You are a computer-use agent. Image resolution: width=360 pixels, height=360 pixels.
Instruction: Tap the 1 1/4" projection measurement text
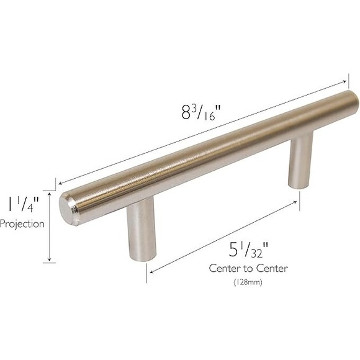(x=20, y=204)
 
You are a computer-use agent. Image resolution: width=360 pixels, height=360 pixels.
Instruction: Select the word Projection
(x=22, y=224)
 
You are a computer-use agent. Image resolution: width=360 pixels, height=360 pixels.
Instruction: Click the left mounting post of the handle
(x=141, y=233)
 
